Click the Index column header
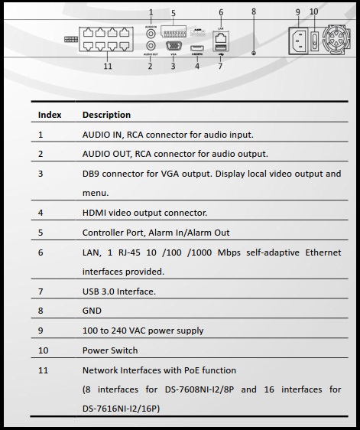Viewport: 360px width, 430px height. (x=50, y=115)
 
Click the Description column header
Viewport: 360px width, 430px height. (x=106, y=115)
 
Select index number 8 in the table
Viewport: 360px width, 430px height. (x=41, y=311)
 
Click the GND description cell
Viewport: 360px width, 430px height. (x=92, y=311)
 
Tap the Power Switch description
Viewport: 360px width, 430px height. (x=110, y=350)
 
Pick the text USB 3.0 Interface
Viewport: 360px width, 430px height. (x=118, y=292)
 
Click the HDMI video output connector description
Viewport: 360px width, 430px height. (x=144, y=213)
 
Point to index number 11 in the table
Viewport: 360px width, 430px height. (x=42, y=370)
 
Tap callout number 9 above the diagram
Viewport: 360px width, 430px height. (x=298, y=11)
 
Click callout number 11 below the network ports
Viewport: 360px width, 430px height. (x=108, y=67)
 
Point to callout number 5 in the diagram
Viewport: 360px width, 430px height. (x=174, y=13)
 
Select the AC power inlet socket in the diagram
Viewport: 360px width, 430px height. (x=298, y=37)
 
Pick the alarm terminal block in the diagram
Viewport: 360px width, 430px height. (x=175, y=32)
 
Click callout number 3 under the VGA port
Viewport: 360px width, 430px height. (x=174, y=67)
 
